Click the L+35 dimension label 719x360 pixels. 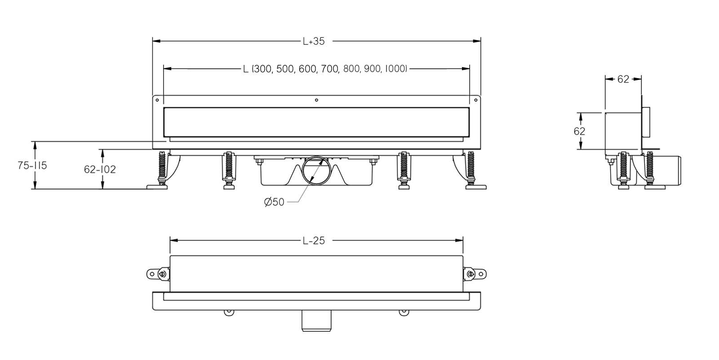[313, 41]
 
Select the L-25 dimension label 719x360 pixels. [313, 240]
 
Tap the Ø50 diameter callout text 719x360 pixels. [274, 202]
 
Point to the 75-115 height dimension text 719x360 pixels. [32, 165]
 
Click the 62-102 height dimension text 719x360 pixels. [100, 169]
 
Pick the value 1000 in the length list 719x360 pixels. [395, 69]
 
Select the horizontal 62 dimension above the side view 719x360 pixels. [623, 79]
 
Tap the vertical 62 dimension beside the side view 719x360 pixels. [580, 131]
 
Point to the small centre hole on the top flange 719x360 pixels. [317, 100]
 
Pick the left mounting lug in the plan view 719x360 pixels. [157, 273]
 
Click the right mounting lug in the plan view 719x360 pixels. [475, 273]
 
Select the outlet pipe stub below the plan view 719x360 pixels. [316, 322]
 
